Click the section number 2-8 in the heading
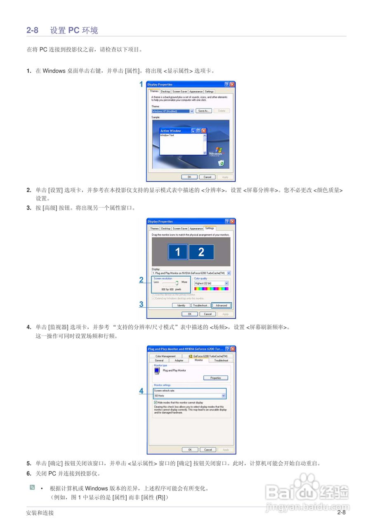pos(33,30)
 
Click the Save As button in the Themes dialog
pos(203,111)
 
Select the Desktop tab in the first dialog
pos(165,92)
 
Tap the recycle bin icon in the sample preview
pos(221,163)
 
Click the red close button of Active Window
pos(203,131)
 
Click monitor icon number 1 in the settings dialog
pos(177,252)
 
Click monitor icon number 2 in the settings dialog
pos(201,252)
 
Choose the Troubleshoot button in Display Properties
pos(201,306)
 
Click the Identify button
pos(181,306)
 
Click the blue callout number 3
pos(141,305)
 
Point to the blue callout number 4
pos(141,391)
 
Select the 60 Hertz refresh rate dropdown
pos(190,396)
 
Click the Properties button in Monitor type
pos(215,378)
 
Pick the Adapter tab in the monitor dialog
pos(179,361)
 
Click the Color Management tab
pos(165,356)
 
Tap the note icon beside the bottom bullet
pos(32,488)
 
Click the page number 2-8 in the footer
pos(341,513)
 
